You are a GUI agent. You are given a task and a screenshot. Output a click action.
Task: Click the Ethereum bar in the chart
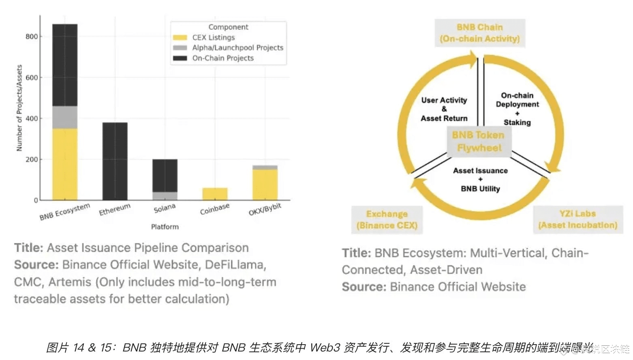pos(115,161)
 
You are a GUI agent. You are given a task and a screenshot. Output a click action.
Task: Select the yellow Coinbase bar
pos(215,194)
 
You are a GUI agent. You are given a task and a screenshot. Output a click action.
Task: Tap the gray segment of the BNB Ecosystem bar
pos(65,118)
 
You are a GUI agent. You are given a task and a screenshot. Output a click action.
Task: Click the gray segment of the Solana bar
pos(165,196)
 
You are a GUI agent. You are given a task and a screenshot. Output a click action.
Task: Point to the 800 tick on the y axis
pos(32,36)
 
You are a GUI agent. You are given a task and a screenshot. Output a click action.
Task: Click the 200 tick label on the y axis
pos(32,159)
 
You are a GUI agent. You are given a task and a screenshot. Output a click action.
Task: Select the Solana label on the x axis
pos(165,208)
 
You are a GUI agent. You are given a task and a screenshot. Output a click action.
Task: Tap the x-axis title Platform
pos(165,227)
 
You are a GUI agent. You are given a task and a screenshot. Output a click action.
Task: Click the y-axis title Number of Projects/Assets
pos(19,108)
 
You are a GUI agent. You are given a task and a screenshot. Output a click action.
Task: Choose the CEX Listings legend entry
pos(213,37)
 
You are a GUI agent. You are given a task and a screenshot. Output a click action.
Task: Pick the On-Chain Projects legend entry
pos(222,58)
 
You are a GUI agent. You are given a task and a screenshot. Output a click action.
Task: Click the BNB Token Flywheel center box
pos(479,141)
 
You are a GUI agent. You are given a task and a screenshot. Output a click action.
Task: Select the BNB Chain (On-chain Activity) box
pos(480,33)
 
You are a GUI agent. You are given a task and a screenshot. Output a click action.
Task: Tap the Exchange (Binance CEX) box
pos(387,220)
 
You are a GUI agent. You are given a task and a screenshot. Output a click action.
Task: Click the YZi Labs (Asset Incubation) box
pos(577,219)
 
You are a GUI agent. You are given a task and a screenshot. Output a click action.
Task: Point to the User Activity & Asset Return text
pos(444,109)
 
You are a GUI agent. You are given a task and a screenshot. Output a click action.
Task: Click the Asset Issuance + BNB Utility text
pos(480,180)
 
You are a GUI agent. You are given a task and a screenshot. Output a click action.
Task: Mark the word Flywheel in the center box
pos(479,148)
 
